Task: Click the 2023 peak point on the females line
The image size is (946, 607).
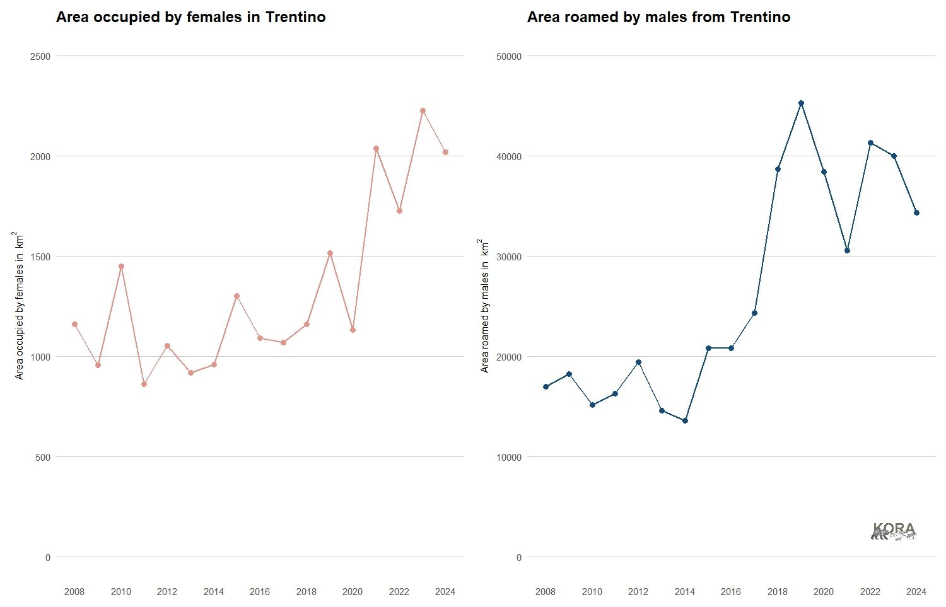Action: click(x=423, y=111)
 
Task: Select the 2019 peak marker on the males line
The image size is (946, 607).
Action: click(x=801, y=103)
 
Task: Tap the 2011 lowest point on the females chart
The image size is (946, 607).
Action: click(x=144, y=384)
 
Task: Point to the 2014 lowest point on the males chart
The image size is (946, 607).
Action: click(x=685, y=420)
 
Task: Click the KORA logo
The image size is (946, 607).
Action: click(x=894, y=531)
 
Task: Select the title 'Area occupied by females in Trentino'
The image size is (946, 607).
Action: click(x=190, y=17)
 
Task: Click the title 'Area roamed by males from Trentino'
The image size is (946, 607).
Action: click(x=658, y=17)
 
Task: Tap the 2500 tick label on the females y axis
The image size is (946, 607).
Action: click(x=40, y=57)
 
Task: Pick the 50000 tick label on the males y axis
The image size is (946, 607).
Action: click(x=509, y=57)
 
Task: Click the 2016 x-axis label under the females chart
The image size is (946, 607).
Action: click(x=260, y=592)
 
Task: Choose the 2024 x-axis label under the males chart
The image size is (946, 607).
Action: click(x=916, y=592)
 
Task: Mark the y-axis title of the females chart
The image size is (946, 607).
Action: click(x=20, y=306)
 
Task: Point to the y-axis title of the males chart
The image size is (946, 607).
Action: click(x=485, y=306)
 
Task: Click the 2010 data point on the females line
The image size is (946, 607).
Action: click(x=121, y=266)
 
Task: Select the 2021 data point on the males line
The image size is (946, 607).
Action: click(x=847, y=250)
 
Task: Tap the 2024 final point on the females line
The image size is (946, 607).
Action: click(x=445, y=152)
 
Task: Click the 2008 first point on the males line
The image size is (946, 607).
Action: click(x=546, y=386)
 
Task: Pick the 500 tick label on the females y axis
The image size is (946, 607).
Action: click(x=43, y=458)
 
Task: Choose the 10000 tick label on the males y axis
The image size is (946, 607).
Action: click(x=509, y=458)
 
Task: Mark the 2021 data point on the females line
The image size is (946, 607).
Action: click(x=376, y=149)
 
